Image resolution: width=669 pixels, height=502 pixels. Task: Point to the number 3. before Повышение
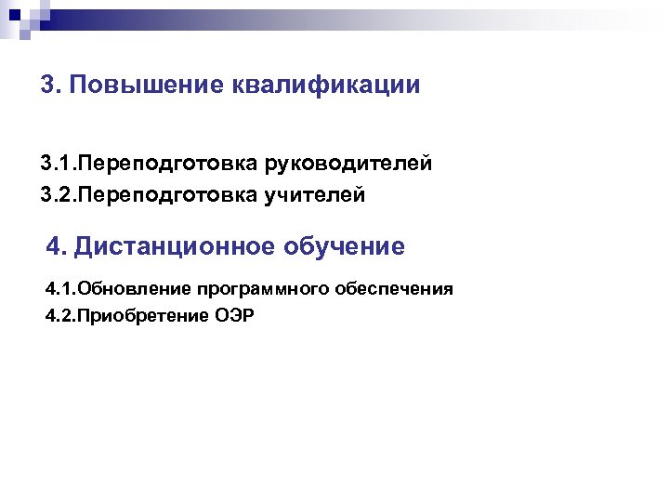point(52,86)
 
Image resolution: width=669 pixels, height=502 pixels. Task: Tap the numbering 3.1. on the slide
point(58,165)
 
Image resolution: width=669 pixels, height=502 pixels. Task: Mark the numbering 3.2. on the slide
point(58,195)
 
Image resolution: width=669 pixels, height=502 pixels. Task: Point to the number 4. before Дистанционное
point(57,246)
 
